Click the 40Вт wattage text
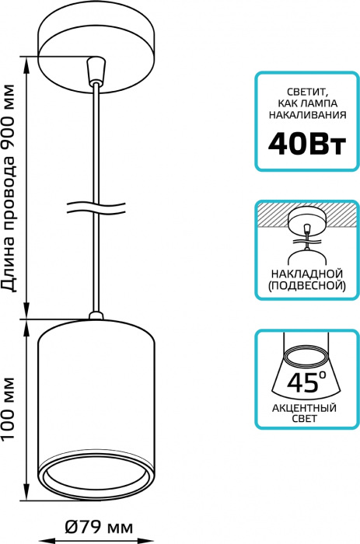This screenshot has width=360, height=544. click(307, 144)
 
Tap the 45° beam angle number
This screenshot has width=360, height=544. click(306, 382)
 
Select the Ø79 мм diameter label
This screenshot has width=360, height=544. click(99, 528)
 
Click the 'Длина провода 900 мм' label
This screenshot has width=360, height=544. click(9, 188)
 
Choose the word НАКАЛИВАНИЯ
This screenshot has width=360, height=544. click(308, 115)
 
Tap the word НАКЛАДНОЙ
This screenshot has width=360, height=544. click(307, 274)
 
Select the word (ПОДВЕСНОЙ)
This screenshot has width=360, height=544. click(307, 285)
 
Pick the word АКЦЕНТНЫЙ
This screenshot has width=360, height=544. click(305, 408)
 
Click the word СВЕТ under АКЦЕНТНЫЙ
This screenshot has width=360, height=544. click(305, 419)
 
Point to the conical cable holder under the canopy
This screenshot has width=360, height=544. click(96, 71)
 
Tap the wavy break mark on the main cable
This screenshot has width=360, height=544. click(96, 207)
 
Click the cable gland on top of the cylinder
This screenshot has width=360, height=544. click(96, 316)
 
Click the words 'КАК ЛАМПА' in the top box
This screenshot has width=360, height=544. click(308, 103)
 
